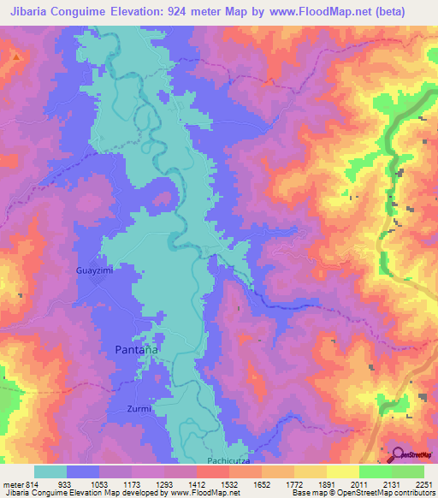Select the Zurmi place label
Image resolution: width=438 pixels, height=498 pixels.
click(x=139, y=408)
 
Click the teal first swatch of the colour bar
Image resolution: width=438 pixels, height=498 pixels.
click(x=50, y=471)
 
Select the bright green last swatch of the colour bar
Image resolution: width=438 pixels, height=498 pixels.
click(x=408, y=471)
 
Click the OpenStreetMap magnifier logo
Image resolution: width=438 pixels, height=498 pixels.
click(x=399, y=454)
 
